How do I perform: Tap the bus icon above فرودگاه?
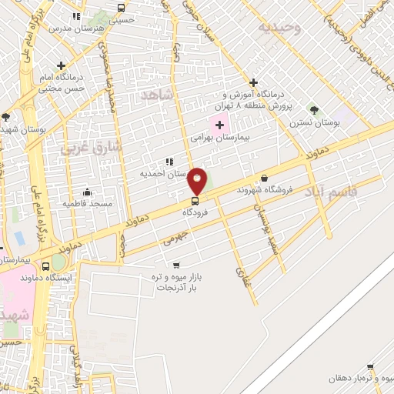194,201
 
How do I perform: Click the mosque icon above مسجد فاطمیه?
87,192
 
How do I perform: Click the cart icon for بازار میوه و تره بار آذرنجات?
155,265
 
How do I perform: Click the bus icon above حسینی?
120,8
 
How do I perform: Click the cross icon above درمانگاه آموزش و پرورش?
253,83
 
